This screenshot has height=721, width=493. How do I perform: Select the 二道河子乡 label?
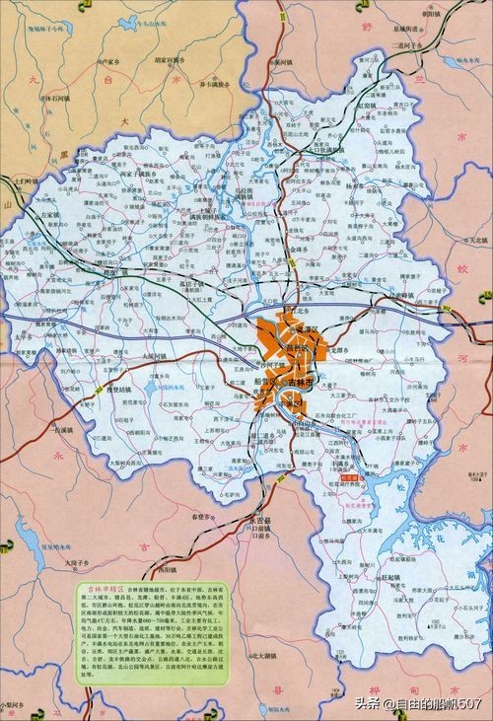pos(404,45)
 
